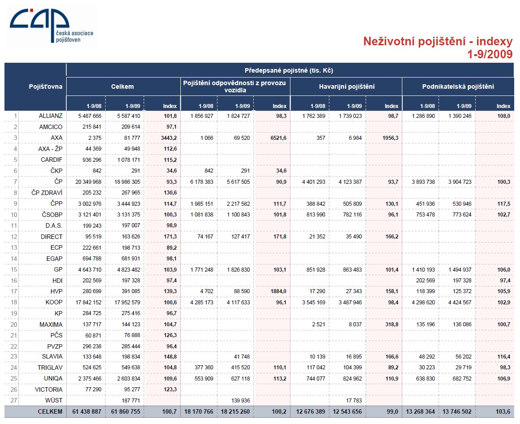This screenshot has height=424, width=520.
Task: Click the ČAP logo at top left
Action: point(51,26)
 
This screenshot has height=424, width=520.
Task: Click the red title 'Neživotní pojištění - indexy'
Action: point(438,41)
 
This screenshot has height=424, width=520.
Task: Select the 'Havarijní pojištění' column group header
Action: point(347,87)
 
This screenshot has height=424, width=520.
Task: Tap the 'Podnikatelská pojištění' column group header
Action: point(458,87)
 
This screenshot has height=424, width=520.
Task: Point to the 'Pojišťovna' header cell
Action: point(46,87)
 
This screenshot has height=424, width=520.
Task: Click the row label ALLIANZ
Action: point(51,116)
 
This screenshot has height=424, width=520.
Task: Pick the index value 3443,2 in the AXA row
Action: point(169,138)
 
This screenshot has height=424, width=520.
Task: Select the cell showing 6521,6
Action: point(278,138)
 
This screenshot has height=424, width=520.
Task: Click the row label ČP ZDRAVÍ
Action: point(47,193)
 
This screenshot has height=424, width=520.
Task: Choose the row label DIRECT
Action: point(51,237)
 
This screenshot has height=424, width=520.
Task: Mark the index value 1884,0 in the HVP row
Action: point(278,291)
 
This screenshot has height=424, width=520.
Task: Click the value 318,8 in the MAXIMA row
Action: point(392,324)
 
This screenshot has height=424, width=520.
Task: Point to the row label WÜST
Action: point(54,400)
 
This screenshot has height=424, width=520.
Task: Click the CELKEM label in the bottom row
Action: point(50,412)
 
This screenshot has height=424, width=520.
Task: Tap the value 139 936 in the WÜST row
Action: point(240,401)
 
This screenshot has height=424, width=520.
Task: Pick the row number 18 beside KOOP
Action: point(13,303)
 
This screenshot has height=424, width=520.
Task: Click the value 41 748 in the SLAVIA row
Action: point(242,357)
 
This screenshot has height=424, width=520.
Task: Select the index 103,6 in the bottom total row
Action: point(503,412)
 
